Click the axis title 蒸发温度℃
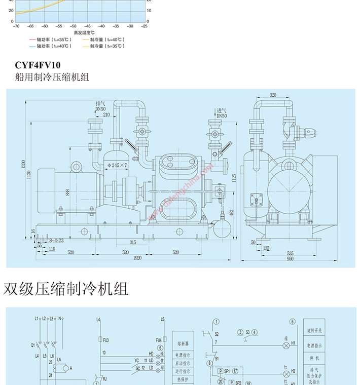[84, 32]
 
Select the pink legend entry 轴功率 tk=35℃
[50, 39]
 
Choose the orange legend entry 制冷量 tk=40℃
[106, 39]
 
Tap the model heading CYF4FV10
[38, 65]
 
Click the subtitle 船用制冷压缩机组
[52, 78]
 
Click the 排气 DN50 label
[100, 106]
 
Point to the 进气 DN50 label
[222, 113]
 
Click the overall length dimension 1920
[137, 258]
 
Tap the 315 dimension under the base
[132, 242]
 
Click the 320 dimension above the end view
[273, 95]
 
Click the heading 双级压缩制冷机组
[66, 288]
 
